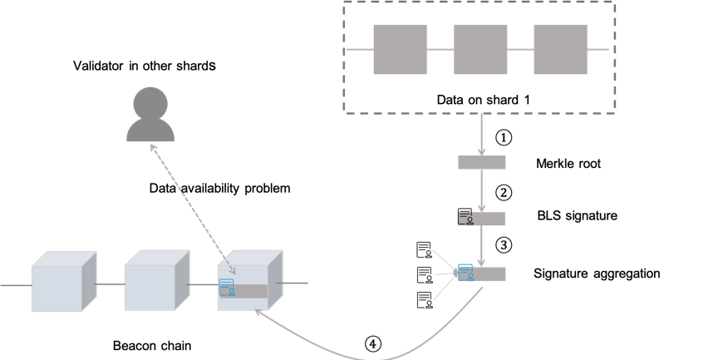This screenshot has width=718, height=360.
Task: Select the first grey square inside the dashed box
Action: click(x=400, y=49)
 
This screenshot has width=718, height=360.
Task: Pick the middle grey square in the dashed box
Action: click(x=480, y=49)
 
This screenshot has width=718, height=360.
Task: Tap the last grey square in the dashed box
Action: click(x=560, y=49)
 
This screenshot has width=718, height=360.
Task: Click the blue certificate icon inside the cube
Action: click(x=227, y=288)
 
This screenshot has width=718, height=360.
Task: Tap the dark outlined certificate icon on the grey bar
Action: click(x=465, y=219)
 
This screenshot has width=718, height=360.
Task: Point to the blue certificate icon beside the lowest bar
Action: click(x=465, y=273)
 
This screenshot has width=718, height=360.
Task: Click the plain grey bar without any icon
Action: click(x=482, y=162)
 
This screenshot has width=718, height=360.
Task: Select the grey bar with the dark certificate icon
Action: click(x=489, y=219)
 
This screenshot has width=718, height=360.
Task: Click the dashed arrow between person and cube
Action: click(x=191, y=208)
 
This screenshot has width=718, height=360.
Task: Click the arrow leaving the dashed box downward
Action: click(x=482, y=133)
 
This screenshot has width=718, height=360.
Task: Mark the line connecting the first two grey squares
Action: click(x=440, y=49)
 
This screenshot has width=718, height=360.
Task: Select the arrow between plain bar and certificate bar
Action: click(x=482, y=190)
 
